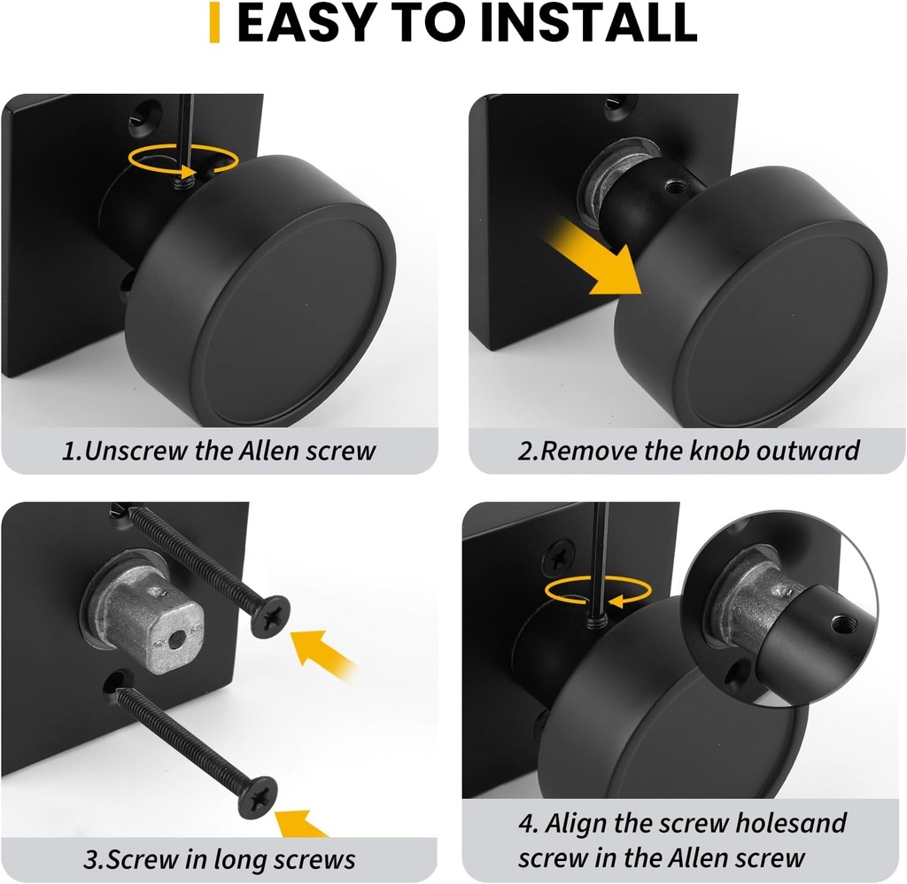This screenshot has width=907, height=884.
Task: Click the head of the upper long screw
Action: [269, 614]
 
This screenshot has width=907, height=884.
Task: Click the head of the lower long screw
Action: [258, 792]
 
